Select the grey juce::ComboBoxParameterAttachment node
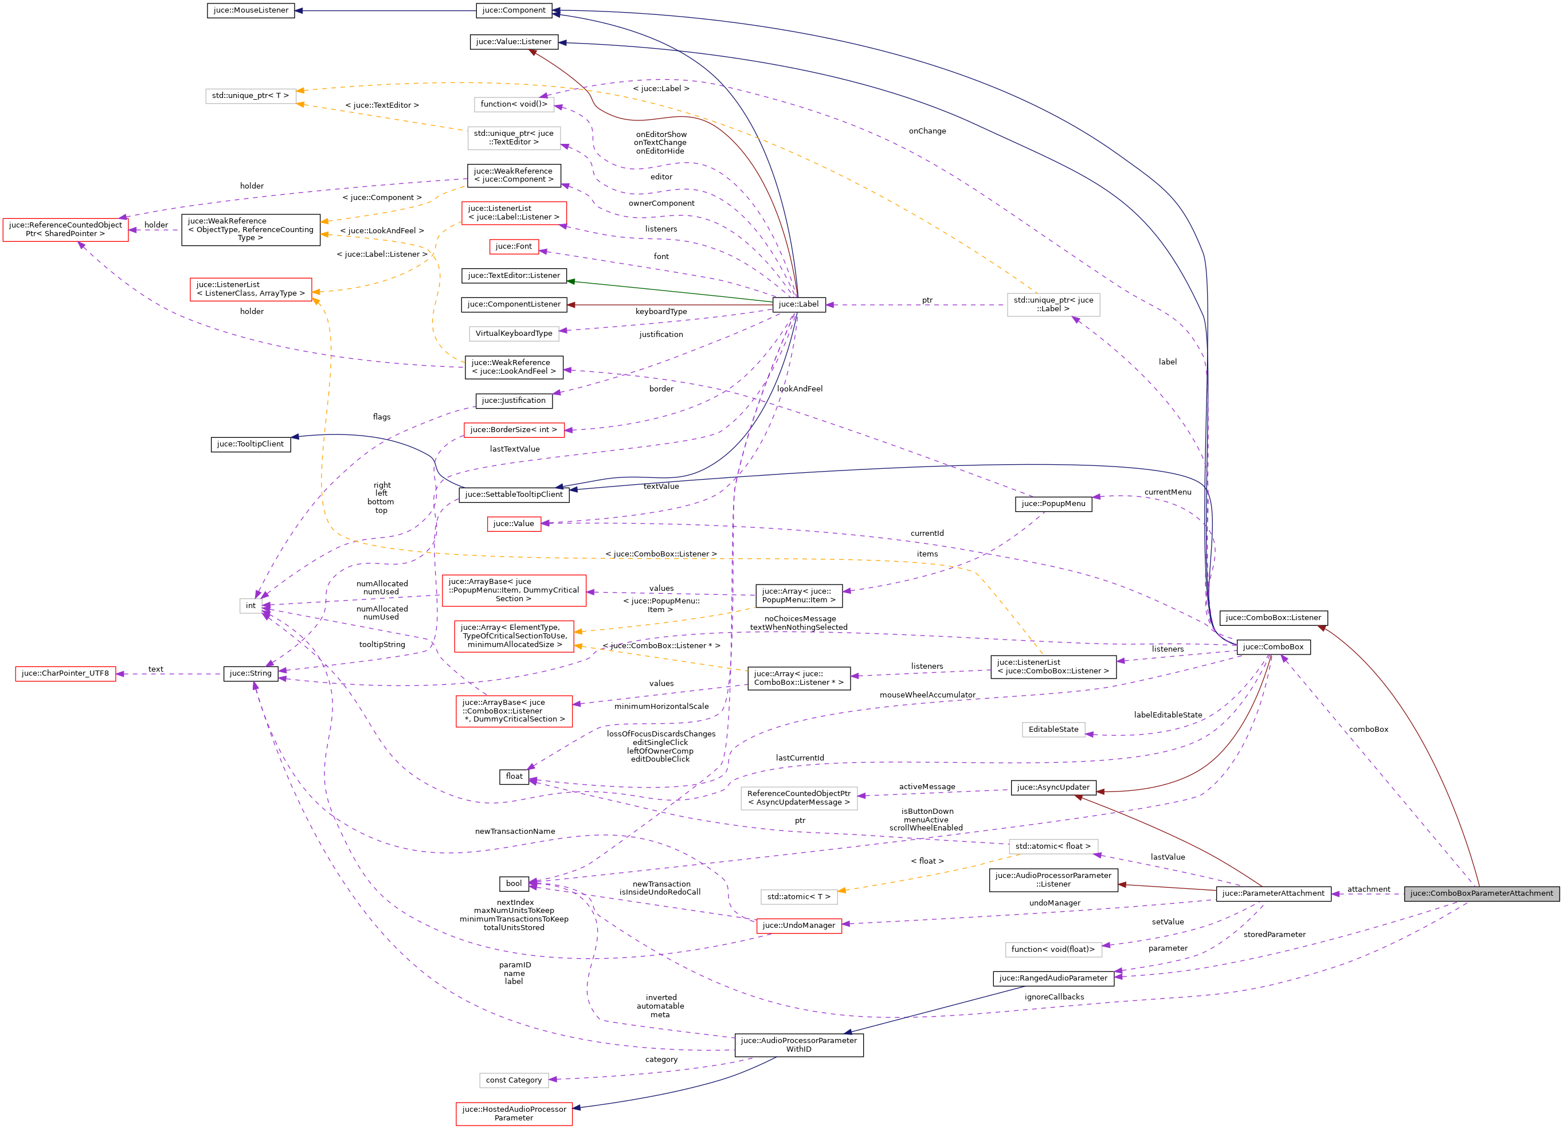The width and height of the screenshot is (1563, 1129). (x=1481, y=893)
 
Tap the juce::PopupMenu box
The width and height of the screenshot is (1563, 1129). (x=1053, y=504)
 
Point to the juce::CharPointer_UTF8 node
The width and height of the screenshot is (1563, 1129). (x=65, y=673)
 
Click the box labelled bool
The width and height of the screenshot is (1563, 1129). (x=514, y=884)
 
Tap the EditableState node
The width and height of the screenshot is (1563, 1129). (x=1053, y=729)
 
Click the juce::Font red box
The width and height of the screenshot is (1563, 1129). (x=514, y=247)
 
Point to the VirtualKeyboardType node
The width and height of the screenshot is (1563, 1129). (x=514, y=334)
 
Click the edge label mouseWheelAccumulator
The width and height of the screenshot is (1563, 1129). (x=927, y=695)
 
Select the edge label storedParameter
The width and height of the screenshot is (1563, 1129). (x=1274, y=935)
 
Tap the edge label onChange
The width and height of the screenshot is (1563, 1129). (x=927, y=131)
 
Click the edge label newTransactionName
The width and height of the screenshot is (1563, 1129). (x=515, y=831)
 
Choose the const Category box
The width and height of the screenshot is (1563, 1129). (x=514, y=1080)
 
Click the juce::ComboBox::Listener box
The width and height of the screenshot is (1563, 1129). (x=1273, y=618)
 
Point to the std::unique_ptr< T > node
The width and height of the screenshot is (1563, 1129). (x=250, y=96)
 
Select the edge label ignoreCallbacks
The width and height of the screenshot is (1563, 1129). (x=1053, y=997)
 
